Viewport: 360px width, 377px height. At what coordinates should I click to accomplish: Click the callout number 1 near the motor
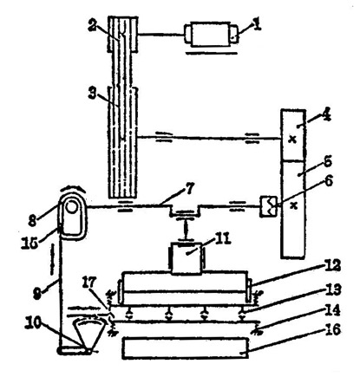point(257,25)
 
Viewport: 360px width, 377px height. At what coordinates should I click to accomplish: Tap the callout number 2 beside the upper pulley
point(92,27)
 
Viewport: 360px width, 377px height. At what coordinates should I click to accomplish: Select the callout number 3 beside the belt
point(92,94)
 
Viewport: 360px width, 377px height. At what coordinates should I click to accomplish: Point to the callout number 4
point(326,115)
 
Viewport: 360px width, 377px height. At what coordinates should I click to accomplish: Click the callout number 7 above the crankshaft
point(190,190)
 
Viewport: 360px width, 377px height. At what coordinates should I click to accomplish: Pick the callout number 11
point(222,239)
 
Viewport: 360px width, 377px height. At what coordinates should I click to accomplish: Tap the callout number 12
point(333,266)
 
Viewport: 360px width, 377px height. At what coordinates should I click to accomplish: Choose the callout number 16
point(333,329)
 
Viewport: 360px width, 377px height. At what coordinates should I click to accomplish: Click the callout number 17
point(89,283)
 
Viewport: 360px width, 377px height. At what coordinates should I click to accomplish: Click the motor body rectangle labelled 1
point(211,34)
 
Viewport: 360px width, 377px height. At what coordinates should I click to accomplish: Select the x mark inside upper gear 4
point(293,140)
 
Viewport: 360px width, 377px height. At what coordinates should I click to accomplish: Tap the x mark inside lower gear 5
point(294,205)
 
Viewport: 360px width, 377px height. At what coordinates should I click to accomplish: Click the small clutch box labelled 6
point(269,206)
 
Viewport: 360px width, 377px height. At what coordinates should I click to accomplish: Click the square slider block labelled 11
point(187,258)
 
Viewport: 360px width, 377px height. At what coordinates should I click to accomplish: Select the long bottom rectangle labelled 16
point(186,348)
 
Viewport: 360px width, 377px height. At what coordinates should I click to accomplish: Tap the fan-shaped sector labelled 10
point(88,335)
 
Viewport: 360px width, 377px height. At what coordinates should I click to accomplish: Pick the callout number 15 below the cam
point(29,243)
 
